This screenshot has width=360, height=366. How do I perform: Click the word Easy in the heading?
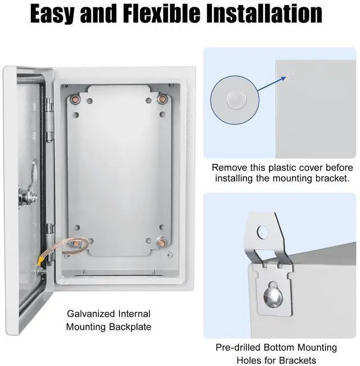click(52, 14)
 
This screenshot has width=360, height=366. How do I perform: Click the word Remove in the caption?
click(229, 168)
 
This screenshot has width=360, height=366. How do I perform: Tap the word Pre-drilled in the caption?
click(238, 347)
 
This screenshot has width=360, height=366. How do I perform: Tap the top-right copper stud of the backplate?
click(161, 99)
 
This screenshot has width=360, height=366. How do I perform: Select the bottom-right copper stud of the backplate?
click(161, 243)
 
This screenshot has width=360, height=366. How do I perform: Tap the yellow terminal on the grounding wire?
click(40, 261)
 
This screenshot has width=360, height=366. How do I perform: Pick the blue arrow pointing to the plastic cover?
click(272, 83)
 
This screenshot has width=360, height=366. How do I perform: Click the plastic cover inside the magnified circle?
click(236, 100)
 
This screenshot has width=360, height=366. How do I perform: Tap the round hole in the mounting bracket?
click(263, 232)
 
